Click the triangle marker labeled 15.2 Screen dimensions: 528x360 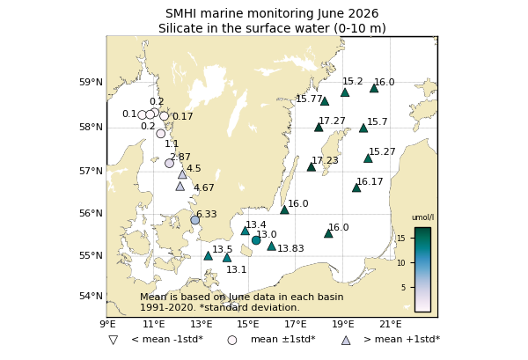coord(345,92)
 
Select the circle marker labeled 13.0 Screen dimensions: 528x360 coord(256,240)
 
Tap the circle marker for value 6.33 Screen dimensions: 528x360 coord(195,220)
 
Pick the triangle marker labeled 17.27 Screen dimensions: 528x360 coord(319,128)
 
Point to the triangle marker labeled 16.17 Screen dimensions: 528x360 coord(356,187)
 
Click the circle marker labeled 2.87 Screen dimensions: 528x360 coord(169,164)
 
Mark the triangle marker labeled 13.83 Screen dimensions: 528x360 coord(271,246)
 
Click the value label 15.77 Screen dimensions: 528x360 coord(309,99)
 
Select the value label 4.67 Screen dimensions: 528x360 coord(204,187)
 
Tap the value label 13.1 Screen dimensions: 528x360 coord(237,269)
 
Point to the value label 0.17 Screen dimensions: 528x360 coord(183,117)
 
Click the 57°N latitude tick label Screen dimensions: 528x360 coord(91,171)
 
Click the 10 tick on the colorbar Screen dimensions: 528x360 coord(401,263)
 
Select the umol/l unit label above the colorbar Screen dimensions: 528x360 coord(423,217)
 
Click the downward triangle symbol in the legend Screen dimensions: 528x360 coord(114,340)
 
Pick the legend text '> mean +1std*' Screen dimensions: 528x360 coord(402,339)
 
